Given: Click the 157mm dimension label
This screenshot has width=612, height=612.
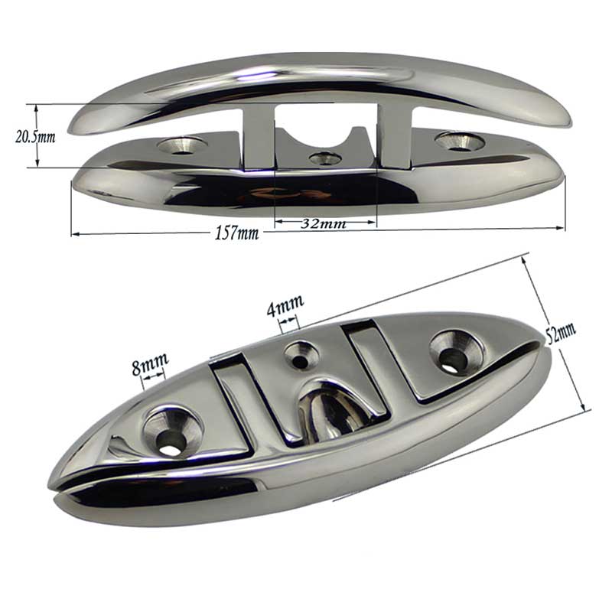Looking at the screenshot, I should tap(237, 233).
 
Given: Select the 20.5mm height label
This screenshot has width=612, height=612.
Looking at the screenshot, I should tap(36, 137).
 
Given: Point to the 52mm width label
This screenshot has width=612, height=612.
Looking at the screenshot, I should tap(562, 334).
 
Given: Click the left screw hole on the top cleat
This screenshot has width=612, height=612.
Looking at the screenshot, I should tap(181, 145).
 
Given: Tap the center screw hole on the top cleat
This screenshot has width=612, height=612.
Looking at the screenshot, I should tap(325, 159).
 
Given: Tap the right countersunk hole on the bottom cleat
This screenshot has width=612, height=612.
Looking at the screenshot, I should tap(456, 354).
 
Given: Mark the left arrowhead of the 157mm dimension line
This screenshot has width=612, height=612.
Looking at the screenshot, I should tap(74, 233).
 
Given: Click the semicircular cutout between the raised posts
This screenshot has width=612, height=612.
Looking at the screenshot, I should tap(325, 122).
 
